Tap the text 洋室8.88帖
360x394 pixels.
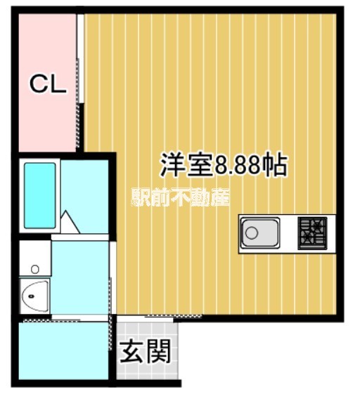coord(223,166)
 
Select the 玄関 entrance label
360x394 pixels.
coord(145,352)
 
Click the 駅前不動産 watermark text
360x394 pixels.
coord(180,197)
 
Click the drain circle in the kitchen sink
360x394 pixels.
coord(252,232)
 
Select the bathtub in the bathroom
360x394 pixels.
coord(40,195)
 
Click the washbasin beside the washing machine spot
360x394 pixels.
coord(34,296)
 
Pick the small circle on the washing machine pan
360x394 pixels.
coord(33,268)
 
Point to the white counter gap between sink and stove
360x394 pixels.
coord(289,232)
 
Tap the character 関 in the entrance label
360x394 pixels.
coord(159,352)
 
